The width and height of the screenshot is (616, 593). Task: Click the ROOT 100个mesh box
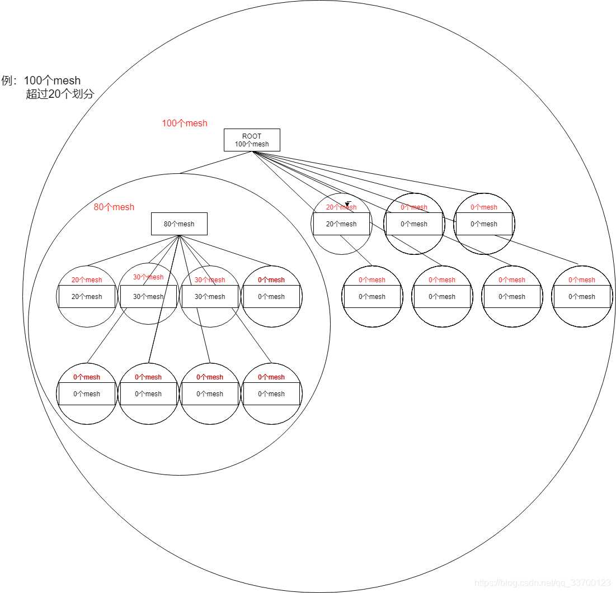coord(252,140)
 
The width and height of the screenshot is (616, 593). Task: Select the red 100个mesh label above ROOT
coord(185,123)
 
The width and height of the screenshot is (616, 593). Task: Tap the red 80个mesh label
coord(114,207)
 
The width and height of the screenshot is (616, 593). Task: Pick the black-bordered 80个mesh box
coord(179,224)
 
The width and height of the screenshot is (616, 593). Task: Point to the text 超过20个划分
coord(60,94)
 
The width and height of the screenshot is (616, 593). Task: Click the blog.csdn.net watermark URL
coord(543,583)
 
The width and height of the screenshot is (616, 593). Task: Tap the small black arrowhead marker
coord(347,203)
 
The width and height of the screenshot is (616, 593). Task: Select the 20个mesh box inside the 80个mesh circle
coord(87,297)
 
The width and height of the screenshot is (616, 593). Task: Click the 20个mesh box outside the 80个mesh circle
coord(341,224)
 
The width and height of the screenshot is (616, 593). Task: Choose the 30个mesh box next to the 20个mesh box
coord(148,297)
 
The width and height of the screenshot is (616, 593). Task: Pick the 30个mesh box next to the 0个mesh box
coord(210,297)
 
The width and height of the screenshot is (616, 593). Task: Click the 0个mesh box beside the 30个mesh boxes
coord(271,297)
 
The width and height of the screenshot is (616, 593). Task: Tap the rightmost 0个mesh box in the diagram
coord(582,297)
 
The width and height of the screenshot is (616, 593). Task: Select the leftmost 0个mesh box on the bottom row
coord(87,394)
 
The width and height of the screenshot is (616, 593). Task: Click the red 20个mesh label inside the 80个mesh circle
coord(87,280)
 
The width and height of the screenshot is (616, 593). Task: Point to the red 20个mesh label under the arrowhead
coord(341,207)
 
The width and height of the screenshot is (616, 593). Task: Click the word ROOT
coord(252,136)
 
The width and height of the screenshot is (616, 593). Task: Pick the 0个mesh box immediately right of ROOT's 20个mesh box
coord(414,224)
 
